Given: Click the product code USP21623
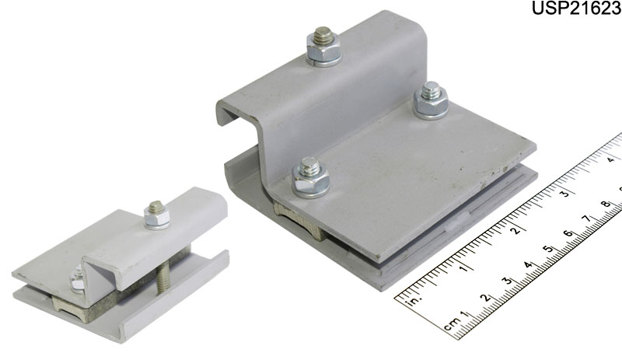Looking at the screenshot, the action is click(x=576, y=8).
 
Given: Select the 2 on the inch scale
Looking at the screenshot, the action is click(x=515, y=229).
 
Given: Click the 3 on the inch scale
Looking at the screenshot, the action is click(x=564, y=194).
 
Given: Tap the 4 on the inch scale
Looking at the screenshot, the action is click(x=611, y=159).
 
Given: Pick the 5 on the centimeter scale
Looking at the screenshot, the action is click(x=548, y=250).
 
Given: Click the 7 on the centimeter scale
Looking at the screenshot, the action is click(x=587, y=219).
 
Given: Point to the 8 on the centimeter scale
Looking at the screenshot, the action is click(x=606, y=204).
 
